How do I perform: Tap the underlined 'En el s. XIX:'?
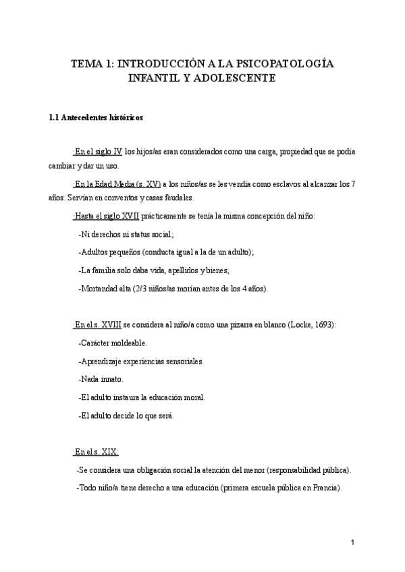tap(97, 451)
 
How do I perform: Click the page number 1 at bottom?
tap(352, 542)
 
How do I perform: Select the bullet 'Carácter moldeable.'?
tap(113, 343)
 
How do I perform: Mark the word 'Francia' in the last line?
tap(325, 488)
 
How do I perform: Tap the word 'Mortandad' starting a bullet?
tap(102, 289)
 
